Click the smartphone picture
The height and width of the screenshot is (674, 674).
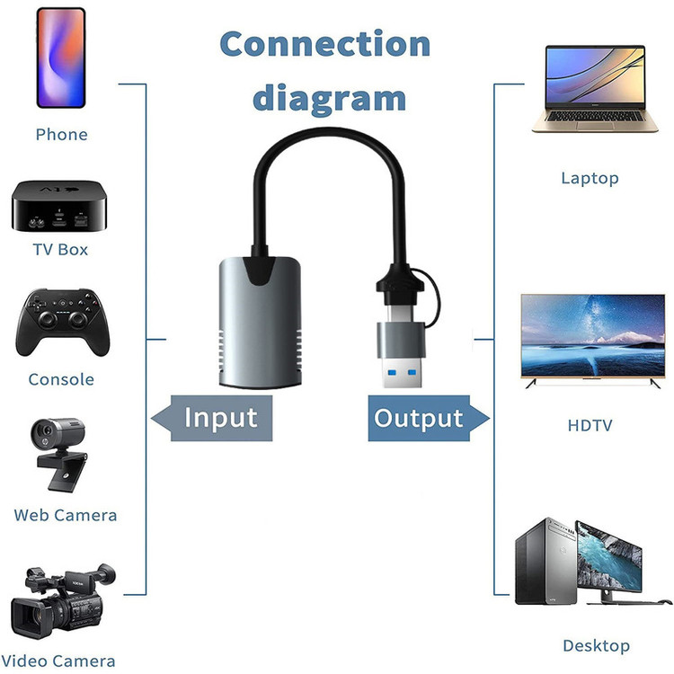click(x=61, y=58)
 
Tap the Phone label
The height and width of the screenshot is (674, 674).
click(x=61, y=135)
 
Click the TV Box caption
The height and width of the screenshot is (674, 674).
click(x=60, y=249)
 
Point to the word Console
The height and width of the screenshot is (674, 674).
click(x=61, y=379)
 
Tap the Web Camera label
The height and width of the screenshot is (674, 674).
click(x=66, y=515)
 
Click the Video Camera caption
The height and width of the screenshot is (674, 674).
click(x=65, y=661)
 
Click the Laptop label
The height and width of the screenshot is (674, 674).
click(x=590, y=178)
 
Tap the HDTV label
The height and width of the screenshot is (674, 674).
click(x=590, y=424)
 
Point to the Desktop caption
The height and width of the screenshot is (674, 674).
click(x=596, y=645)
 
